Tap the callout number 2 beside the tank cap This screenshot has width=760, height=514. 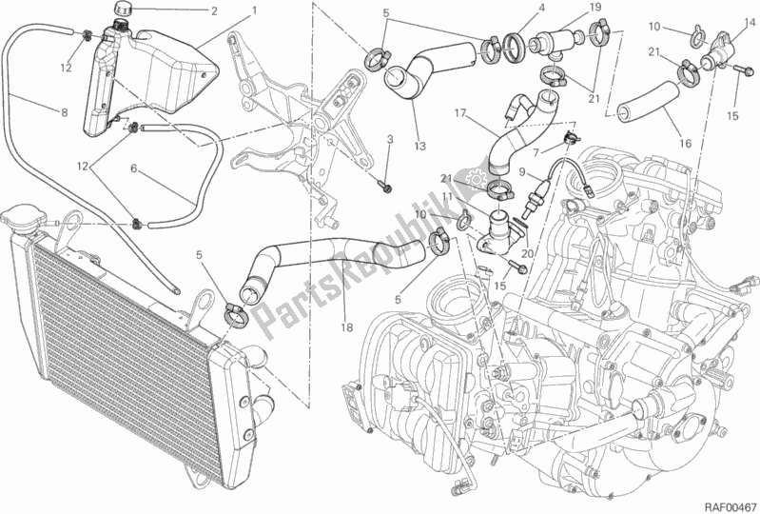pyautogui.click(x=214, y=12)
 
